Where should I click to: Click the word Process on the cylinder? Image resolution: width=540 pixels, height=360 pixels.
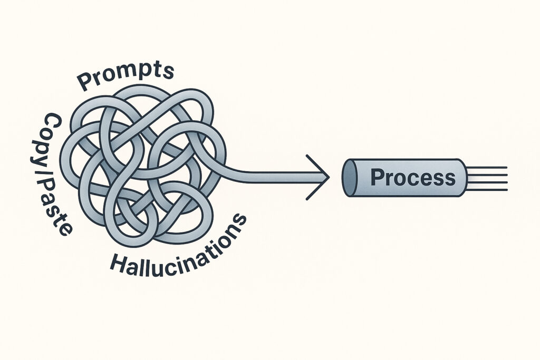412,178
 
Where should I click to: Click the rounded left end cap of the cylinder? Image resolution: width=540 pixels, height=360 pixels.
350,178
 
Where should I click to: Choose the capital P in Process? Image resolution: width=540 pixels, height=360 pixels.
378,178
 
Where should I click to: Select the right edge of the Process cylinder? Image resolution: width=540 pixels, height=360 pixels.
466,178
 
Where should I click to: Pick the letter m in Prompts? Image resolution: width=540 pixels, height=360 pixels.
127,71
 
